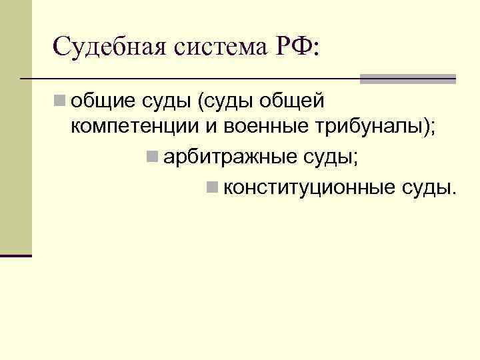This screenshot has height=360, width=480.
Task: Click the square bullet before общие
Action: pos(60,101)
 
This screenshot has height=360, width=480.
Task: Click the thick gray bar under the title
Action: pos(407,79)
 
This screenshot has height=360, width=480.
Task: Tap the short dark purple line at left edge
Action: pos(16,255)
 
